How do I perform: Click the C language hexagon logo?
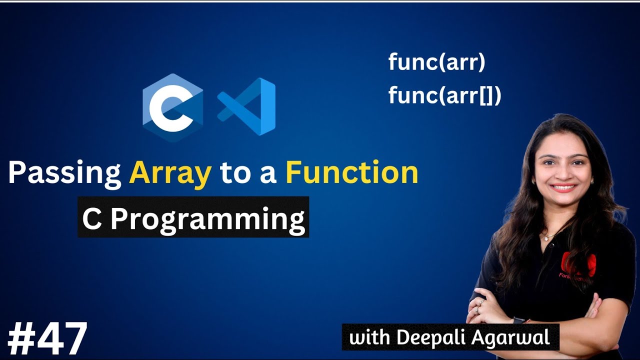coord(172,107)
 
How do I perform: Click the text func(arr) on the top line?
coord(436,63)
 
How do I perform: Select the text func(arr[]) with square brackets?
coord(444,95)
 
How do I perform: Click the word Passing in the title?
coord(64,173)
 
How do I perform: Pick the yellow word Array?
coord(170,173)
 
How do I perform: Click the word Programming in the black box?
coord(207,219)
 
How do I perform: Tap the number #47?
coord(47,339)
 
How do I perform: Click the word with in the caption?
coord(370,337)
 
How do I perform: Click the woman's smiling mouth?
coord(563,188)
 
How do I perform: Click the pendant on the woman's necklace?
coord(547,237)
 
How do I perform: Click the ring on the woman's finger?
coord(481,303)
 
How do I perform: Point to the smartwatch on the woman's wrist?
coord(518,320)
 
